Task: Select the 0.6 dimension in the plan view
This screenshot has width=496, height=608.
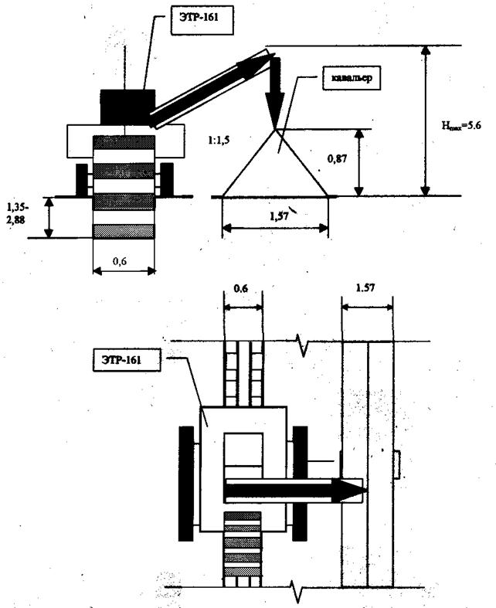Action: tap(242, 289)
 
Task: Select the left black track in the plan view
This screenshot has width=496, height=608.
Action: tap(185, 483)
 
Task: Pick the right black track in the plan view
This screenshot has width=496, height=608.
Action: tap(300, 483)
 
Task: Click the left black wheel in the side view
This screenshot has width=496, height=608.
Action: tap(83, 178)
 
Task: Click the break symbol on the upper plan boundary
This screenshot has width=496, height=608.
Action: tap(304, 343)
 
